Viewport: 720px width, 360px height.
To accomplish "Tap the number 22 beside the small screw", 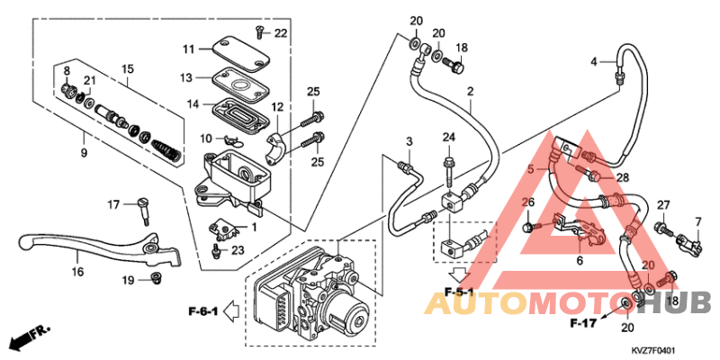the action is pyautogui.click(x=280, y=33).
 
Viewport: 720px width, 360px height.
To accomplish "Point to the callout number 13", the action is pyautogui.click(x=185, y=78).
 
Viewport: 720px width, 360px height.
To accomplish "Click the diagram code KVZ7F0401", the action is pyautogui.click(x=654, y=350).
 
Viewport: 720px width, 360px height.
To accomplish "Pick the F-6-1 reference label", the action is pyautogui.click(x=202, y=311).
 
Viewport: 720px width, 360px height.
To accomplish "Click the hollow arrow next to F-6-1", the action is pyautogui.click(x=231, y=311).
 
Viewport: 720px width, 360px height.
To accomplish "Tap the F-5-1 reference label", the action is pyautogui.click(x=459, y=292).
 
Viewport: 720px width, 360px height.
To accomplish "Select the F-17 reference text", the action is pyautogui.click(x=583, y=323).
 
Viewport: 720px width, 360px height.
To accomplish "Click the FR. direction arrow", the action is pyautogui.click(x=29, y=336).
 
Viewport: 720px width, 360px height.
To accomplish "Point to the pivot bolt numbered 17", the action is pyautogui.click(x=144, y=211).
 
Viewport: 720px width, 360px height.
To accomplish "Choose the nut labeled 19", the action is pyautogui.click(x=155, y=277).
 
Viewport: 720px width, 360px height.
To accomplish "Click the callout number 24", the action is pyautogui.click(x=448, y=137).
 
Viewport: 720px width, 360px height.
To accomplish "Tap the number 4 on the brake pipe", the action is pyautogui.click(x=594, y=61).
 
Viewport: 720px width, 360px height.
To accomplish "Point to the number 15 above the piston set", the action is pyautogui.click(x=127, y=69).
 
